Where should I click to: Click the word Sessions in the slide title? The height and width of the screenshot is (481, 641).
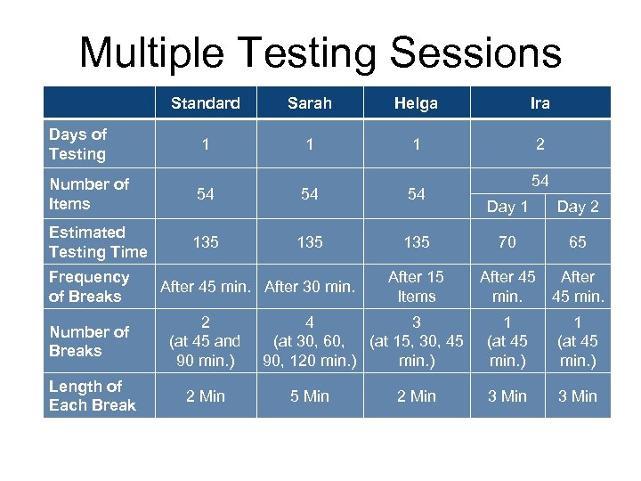[476, 53]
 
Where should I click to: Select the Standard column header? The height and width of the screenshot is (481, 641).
[206, 103]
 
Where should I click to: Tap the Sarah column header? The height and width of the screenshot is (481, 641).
[310, 103]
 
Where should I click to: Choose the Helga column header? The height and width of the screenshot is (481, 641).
[416, 103]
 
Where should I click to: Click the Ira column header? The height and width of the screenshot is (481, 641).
[540, 103]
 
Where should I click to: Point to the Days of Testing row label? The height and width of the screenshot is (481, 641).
[78, 144]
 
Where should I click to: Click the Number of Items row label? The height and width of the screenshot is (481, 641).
[89, 194]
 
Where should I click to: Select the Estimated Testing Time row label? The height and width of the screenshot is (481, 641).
[98, 242]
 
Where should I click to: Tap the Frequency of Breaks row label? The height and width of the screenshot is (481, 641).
[89, 287]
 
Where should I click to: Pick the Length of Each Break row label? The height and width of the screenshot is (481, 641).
[93, 395]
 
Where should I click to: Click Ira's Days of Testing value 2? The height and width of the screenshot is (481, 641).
[540, 144]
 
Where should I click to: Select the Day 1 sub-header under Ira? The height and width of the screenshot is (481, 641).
[507, 207]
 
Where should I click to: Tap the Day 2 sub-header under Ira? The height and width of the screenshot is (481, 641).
[578, 207]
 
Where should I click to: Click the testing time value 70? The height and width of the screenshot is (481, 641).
[507, 242]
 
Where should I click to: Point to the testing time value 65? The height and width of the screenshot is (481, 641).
[578, 242]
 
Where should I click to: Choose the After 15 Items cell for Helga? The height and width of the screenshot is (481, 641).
[417, 287]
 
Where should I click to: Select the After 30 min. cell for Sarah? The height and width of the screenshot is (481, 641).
[310, 287]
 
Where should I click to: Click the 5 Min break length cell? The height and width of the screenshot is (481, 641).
[310, 396]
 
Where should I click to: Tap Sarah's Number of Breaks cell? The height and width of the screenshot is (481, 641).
[310, 341]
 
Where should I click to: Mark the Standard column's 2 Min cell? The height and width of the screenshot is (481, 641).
[206, 396]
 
